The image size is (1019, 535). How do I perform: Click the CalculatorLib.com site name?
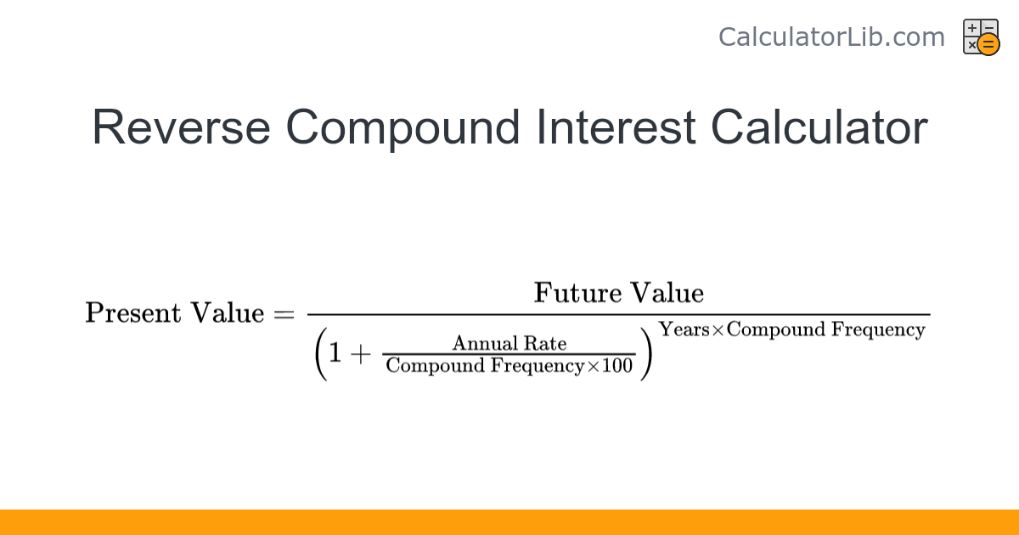[830, 37]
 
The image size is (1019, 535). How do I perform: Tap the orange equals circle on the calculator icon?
[988, 44]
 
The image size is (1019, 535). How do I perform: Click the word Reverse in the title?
[181, 128]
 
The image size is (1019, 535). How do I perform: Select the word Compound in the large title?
[403, 128]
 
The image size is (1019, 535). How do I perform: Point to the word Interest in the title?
[615, 128]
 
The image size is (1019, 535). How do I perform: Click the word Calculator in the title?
[819, 128]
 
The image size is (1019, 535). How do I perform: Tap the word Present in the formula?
[133, 313]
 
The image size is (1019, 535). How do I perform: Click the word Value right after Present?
[228, 313]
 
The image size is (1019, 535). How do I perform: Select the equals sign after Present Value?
[283, 314]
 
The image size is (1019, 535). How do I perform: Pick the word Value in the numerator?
[667, 293]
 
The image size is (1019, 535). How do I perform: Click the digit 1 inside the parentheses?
[335, 355]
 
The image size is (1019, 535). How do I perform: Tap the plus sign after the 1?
[363, 355]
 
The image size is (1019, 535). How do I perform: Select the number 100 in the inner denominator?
[617, 366]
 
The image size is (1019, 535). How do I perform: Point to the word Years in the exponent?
[684, 329]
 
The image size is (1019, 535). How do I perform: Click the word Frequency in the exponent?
[878, 329]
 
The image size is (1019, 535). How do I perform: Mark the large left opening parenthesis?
[319, 355]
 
